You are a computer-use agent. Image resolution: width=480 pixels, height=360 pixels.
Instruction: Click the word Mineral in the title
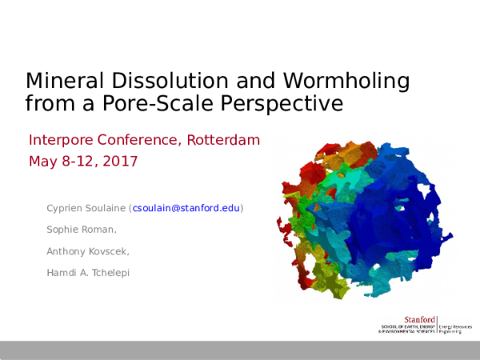[59, 81]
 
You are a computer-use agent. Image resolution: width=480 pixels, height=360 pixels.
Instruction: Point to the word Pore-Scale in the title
[151, 103]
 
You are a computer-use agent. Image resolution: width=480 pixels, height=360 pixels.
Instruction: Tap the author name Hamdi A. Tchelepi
[88, 273]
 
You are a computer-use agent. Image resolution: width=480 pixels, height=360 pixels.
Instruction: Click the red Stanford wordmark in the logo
[421, 319]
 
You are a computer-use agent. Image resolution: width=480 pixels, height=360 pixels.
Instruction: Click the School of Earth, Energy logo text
[406, 326]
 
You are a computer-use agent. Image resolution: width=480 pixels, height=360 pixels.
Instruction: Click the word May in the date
[40, 162]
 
